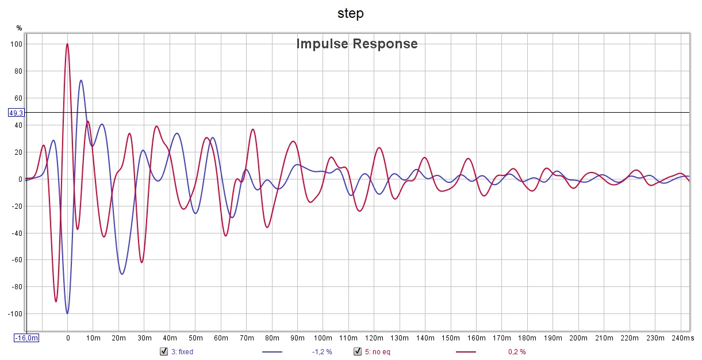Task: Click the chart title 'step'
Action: [x=350, y=13]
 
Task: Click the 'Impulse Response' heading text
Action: [x=356, y=44]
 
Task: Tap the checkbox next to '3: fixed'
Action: [x=163, y=351]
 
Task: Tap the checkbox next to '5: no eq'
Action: [x=357, y=351]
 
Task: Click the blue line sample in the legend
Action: [x=272, y=351]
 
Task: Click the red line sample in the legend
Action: [x=466, y=351]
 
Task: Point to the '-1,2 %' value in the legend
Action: [x=322, y=351]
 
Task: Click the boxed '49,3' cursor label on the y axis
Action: [x=16, y=113]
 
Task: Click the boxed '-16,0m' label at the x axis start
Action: [x=26, y=338]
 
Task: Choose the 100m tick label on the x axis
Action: [x=323, y=338]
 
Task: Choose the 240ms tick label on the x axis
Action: [x=684, y=338]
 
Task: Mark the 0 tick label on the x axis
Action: [x=68, y=338]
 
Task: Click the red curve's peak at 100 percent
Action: [x=67, y=44]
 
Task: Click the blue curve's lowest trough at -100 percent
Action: [x=67, y=313]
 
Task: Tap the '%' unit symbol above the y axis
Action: [x=19, y=28]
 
